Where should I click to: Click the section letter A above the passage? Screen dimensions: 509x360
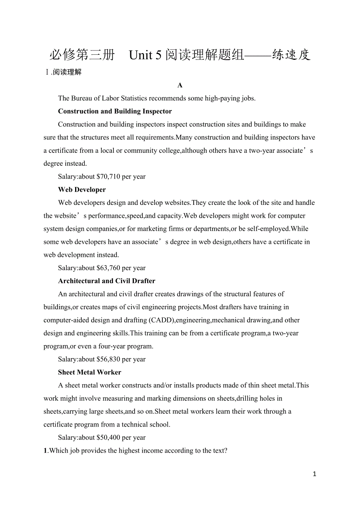tap(180, 85)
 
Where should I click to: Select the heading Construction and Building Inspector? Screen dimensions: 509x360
tap(115, 111)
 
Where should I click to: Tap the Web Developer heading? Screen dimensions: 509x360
tap(82, 190)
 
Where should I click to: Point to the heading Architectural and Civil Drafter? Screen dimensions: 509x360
tap(106, 281)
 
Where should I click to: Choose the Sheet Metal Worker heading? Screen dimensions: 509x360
tap(90, 372)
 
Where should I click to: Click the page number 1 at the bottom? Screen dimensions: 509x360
tap(315, 474)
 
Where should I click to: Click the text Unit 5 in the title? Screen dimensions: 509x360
tap(145, 55)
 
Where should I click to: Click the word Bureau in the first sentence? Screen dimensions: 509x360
tap(81, 98)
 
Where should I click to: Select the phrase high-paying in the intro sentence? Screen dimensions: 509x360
tap(222, 98)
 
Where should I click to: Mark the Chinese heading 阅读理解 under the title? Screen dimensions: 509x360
tap(67, 72)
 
